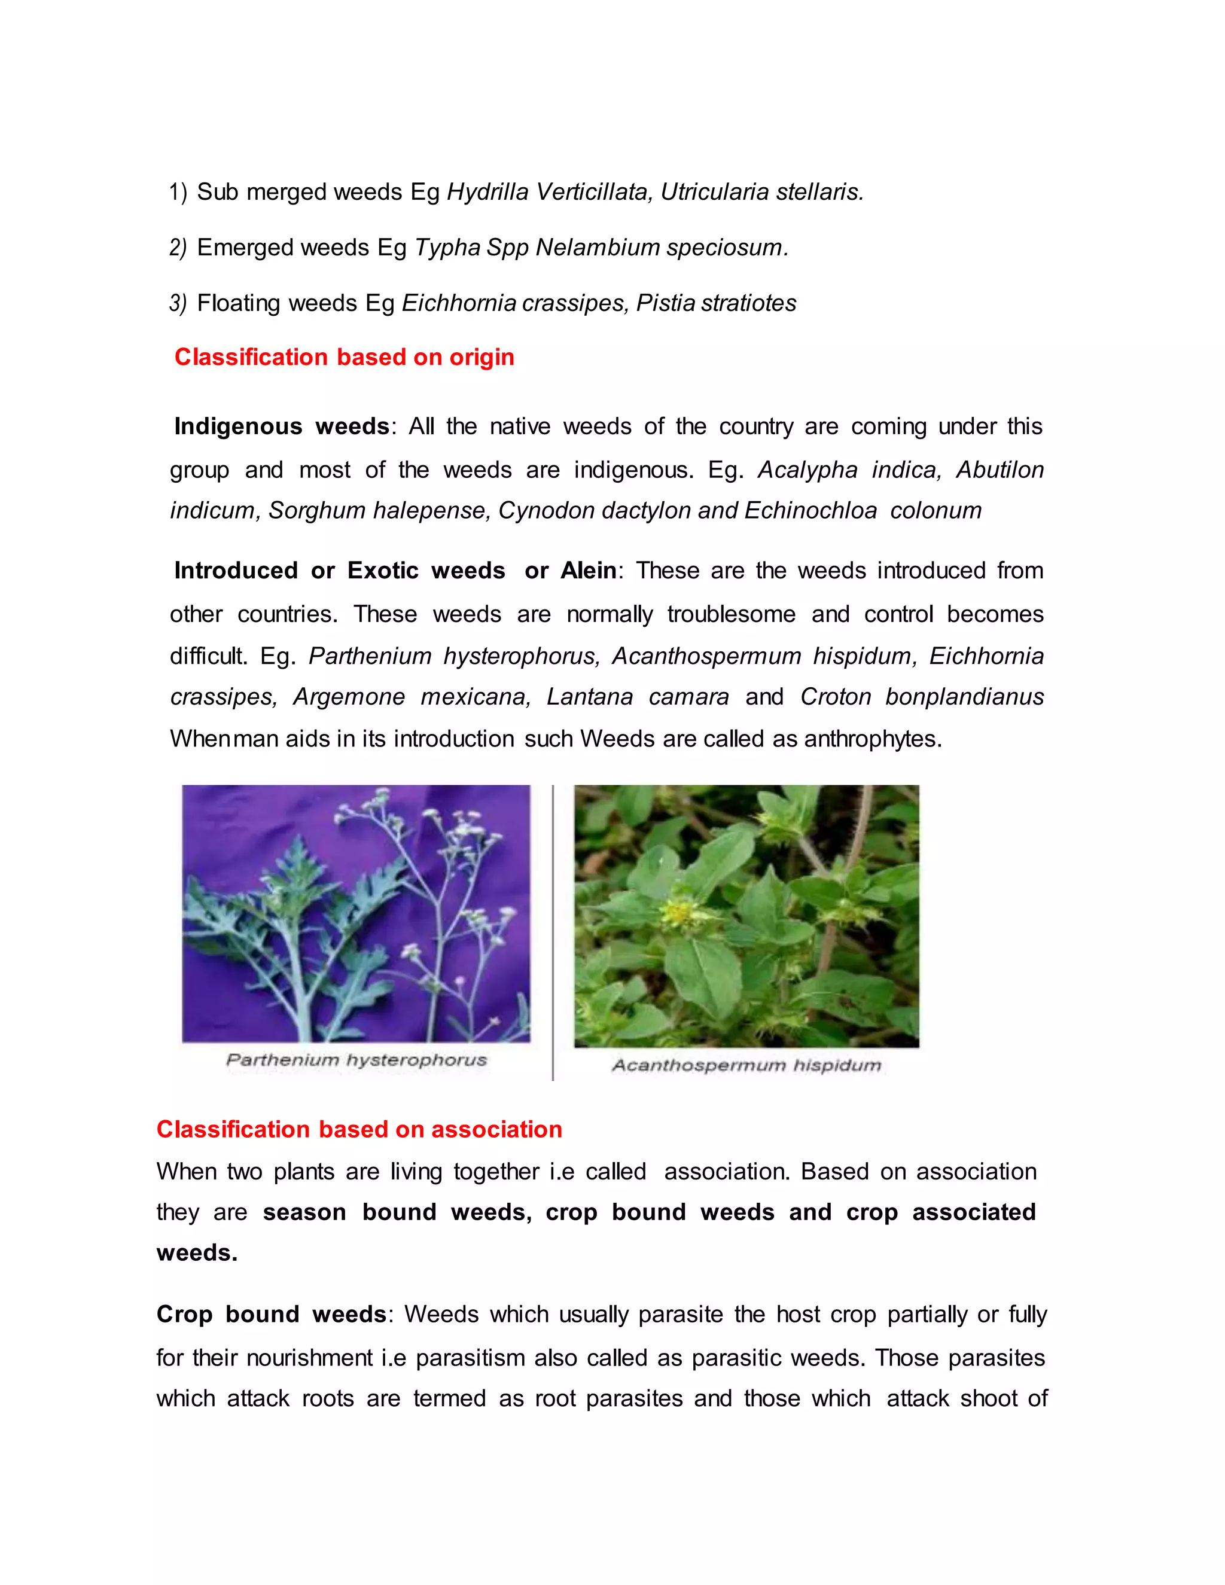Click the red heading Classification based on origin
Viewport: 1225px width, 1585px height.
click(x=344, y=357)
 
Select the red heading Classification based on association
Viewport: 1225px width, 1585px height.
click(x=359, y=1129)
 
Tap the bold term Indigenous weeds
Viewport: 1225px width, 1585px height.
click(x=282, y=426)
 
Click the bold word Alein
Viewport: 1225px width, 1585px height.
click(x=589, y=571)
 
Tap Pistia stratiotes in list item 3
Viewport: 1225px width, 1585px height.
click(x=715, y=303)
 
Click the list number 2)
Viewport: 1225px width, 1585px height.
click(x=178, y=248)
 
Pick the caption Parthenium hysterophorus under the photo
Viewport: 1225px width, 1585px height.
click(x=356, y=1060)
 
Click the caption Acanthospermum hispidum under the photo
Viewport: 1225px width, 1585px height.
click(x=746, y=1065)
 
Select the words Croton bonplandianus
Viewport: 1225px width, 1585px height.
click(x=922, y=697)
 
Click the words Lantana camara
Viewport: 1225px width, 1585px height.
click(x=637, y=697)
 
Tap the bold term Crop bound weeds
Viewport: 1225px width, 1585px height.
click(x=271, y=1314)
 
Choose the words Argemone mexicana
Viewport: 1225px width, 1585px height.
click(x=412, y=697)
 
